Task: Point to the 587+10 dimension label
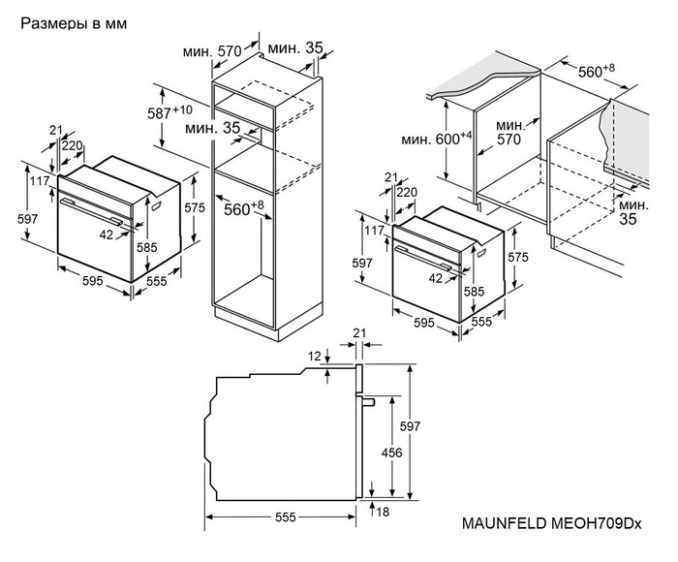169,113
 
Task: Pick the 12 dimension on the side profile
314,358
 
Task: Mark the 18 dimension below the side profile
384,511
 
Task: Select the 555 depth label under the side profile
284,518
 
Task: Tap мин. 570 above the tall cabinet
214,50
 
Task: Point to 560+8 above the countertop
583,72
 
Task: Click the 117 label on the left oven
39,182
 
